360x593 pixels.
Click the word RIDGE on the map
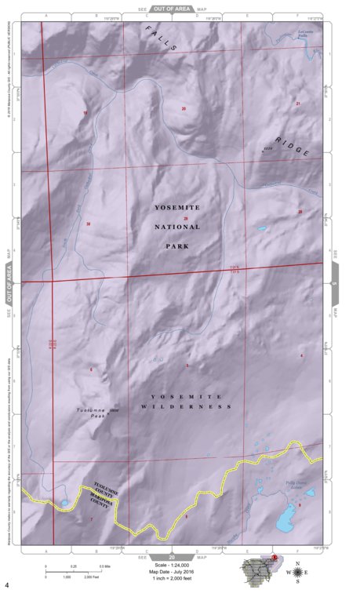293,147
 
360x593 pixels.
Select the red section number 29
186,218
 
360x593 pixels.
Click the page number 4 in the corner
7,585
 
